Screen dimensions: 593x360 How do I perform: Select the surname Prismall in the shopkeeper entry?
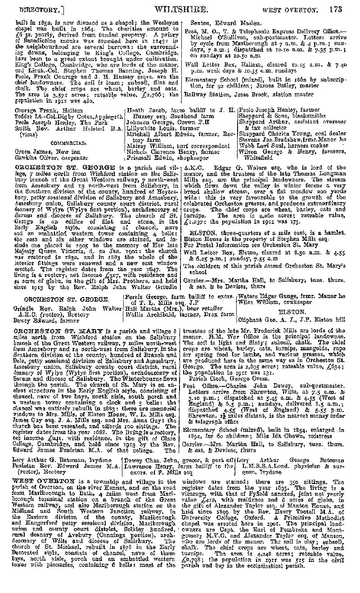tap(139, 158)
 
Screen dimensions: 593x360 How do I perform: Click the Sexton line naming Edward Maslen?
tap(219, 23)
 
